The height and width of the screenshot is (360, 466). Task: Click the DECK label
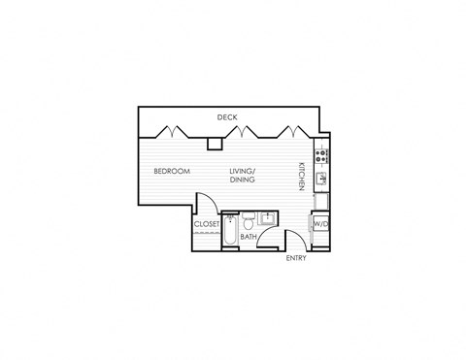point(227,117)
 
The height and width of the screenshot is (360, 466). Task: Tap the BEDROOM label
point(172,172)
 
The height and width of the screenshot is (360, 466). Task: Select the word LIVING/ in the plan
point(242,172)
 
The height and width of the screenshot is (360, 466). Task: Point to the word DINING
point(242,180)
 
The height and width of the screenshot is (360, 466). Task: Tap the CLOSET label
point(207,224)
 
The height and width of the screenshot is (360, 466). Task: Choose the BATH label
point(249,236)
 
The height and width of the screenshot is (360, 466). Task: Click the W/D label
point(320,224)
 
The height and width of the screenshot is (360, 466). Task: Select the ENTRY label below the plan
point(297,259)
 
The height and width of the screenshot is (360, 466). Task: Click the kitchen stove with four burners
point(321,155)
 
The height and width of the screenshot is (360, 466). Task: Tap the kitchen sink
point(321,177)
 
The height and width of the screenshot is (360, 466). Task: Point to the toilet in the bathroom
point(249,217)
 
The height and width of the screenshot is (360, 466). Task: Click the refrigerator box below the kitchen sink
point(320,200)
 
